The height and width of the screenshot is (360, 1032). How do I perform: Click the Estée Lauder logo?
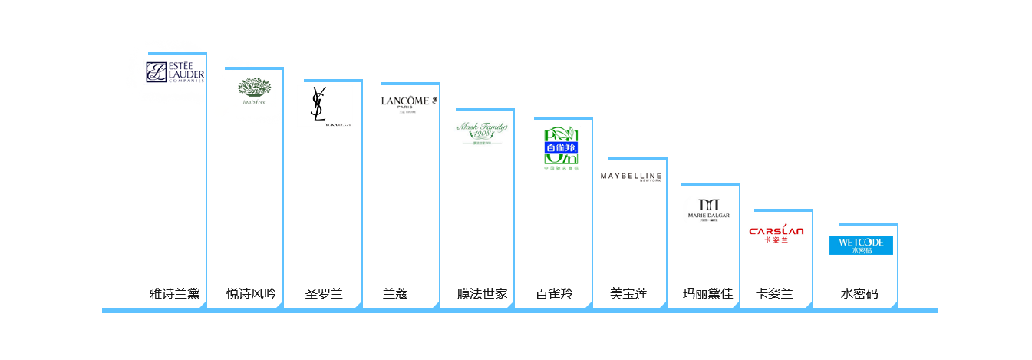[174, 71]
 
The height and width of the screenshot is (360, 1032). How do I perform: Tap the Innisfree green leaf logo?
[255, 90]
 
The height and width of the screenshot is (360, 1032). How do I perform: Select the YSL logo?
[325, 105]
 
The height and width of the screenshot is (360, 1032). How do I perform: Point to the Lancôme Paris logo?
[407, 105]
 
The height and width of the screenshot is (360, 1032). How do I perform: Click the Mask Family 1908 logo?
[481, 132]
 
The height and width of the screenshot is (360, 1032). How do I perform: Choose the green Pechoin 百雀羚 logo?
[561, 148]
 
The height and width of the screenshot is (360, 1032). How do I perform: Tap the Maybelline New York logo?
[631, 177]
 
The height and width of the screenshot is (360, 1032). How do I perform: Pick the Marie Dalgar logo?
[707, 210]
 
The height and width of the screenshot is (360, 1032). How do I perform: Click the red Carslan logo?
[776, 233]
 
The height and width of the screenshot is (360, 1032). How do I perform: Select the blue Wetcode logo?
[861, 245]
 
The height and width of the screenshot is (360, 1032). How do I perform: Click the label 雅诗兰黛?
[174, 293]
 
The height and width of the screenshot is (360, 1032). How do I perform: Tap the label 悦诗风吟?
[251, 293]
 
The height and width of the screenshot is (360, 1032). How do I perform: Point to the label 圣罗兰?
[324, 293]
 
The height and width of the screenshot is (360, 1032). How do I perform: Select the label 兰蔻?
[395, 293]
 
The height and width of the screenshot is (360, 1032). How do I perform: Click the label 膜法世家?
[482, 293]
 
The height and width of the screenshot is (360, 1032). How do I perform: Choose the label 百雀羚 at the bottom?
[554, 293]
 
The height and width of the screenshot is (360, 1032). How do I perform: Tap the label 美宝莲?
[628, 293]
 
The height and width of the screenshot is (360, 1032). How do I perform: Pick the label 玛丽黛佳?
[707, 293]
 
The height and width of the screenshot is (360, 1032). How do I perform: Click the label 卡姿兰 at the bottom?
[774, 293]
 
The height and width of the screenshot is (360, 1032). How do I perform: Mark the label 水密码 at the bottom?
[859, 293]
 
